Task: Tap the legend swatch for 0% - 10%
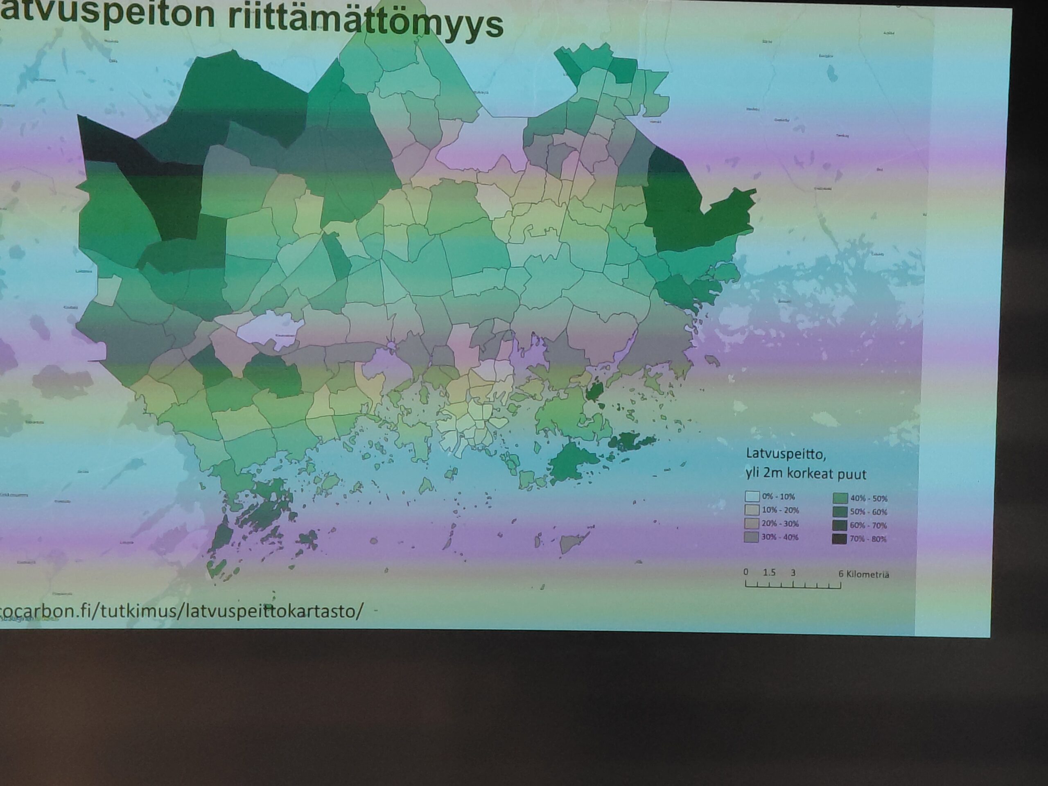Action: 752,497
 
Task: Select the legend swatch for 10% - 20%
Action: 752,510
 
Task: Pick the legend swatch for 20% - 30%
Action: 752,524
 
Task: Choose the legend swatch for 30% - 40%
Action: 752,537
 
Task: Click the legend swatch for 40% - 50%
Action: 840,498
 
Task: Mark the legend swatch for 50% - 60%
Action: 840,512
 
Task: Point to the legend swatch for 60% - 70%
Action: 840,525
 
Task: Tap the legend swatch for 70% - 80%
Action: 840,539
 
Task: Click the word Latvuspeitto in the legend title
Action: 786,454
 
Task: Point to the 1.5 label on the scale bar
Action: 769,572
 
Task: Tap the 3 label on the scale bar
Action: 793,573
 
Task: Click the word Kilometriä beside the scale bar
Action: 868,575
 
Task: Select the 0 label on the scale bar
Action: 746,572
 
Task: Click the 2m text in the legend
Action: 777,473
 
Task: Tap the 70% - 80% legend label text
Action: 868,539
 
